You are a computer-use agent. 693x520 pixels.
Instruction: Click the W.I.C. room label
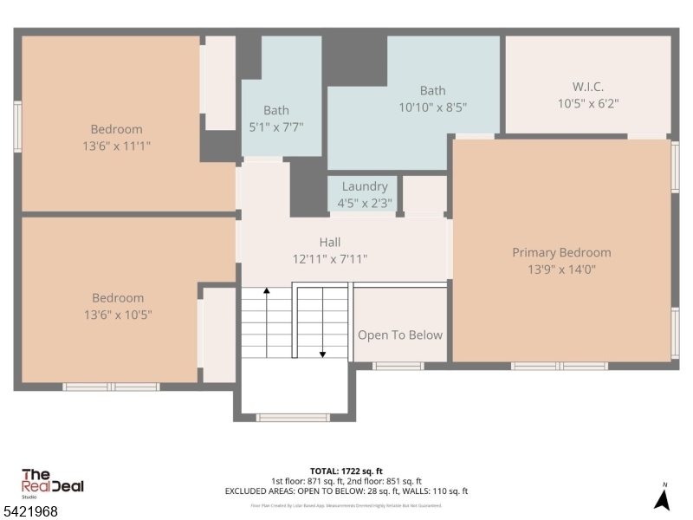(x=587, y=87)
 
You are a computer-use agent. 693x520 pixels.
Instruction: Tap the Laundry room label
(x=365, y=186)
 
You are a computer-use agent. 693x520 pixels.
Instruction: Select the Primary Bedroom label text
(x=561, y=253)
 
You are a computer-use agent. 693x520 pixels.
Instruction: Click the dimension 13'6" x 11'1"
(x=111, y=146)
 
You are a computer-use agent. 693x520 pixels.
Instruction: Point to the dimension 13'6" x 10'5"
(x=111, y=315)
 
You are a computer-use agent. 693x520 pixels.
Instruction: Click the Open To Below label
(x=400, y=335)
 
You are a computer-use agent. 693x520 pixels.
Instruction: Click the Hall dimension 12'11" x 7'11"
(x=329, y=258)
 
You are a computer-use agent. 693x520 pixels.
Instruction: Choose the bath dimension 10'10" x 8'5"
(x=432, y=107)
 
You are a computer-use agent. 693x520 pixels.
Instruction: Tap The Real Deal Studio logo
(x=52, y=482)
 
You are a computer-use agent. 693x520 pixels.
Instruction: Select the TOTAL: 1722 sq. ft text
(x=346, y=471)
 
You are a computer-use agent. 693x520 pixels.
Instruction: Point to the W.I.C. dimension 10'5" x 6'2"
(x=588, y=103)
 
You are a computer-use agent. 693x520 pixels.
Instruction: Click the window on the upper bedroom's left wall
(x=17, y=127)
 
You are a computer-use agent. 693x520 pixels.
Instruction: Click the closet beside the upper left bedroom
(x=219, y=82)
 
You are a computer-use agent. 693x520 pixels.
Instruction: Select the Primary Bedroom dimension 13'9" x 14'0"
(x=561, y=270)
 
